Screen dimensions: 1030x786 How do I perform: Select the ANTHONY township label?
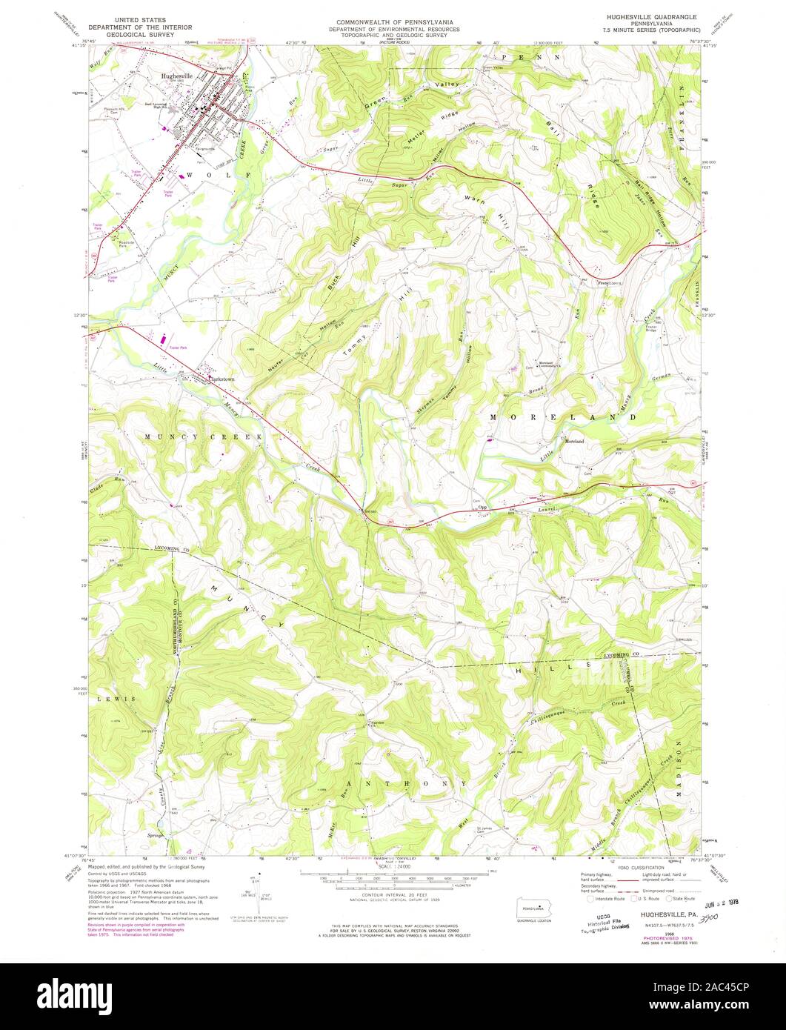click(x=405, y=783)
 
